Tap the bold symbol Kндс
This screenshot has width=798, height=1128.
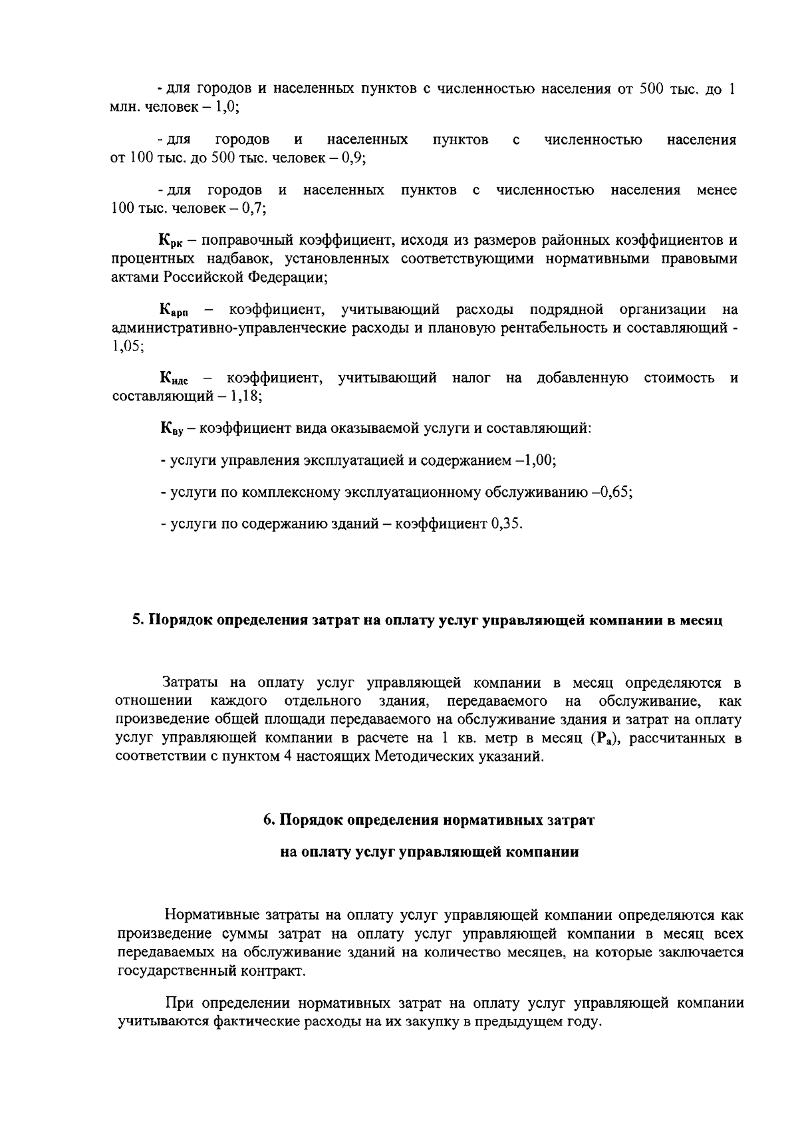(175, 380)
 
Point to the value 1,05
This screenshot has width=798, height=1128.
(125, 347)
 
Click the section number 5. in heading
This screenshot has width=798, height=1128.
(138, 621)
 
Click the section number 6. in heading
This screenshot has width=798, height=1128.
(269, 820)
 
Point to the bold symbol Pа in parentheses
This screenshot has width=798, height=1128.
(603, 739)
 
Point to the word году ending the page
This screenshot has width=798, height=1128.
(585, 1022)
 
